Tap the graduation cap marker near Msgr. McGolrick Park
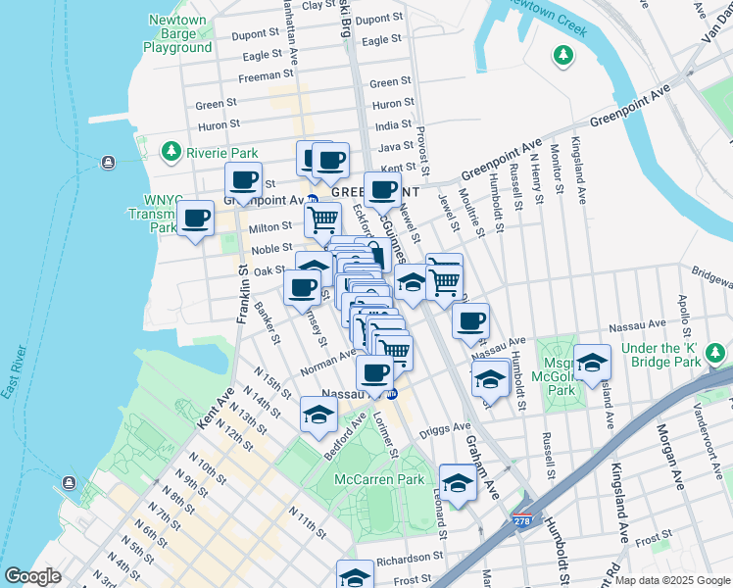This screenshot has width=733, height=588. [592, 363]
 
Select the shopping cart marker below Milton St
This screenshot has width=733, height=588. [322, 220]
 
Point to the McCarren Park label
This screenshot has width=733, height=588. [378, 479]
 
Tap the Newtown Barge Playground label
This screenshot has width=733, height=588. [177, 33]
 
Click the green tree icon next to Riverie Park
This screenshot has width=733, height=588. [172, 151]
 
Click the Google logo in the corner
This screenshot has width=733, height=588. [32, 576]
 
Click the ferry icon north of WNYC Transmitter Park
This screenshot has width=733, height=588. [107, 161]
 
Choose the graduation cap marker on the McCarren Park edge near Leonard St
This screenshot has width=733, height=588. [458, 482]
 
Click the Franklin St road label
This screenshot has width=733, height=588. [240, 293]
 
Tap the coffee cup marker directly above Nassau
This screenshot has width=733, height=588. [374, 371]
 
